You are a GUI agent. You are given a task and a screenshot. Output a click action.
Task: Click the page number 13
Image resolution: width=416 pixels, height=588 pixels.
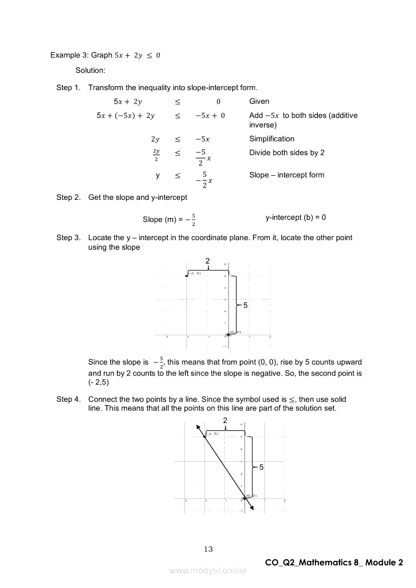[x=209, y=549]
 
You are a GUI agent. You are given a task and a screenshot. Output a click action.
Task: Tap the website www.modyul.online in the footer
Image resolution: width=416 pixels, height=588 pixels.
[x=208, y=570]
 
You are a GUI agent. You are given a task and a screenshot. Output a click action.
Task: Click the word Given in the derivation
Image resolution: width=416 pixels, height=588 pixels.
[x=259, y=101]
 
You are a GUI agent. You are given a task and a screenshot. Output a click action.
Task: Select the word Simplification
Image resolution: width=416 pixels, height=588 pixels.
[x=271, y=139]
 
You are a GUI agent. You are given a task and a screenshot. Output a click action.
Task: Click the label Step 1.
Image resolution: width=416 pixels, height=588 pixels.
[x=68, y=88]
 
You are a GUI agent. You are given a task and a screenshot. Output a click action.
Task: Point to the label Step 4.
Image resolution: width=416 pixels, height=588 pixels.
[x=68, y=399]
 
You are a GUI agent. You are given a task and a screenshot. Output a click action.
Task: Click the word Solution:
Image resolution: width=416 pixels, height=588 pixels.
[x=90, y=70]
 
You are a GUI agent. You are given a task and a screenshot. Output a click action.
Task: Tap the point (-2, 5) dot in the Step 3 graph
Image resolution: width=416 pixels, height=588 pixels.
[x=187, y=275]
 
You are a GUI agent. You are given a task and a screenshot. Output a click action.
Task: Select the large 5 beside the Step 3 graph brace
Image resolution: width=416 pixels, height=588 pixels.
[x=246, y=306]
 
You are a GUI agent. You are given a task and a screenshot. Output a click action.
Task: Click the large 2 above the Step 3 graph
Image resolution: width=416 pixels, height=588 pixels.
[x=207, y=260]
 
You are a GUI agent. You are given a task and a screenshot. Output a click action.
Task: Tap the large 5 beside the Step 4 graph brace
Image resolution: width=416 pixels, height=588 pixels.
[x=261, y=468]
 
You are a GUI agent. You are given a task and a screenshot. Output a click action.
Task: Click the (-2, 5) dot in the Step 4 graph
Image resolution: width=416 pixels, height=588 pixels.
[x=204, y=436]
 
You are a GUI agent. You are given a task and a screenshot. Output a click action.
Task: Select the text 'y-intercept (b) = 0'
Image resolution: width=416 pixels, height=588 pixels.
[x=296, y=217]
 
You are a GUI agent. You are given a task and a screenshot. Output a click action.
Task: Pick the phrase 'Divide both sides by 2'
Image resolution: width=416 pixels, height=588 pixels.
[x=287, y=153]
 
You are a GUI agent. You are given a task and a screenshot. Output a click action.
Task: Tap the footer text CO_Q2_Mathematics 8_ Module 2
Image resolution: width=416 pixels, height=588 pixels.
[x=333, y=563]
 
